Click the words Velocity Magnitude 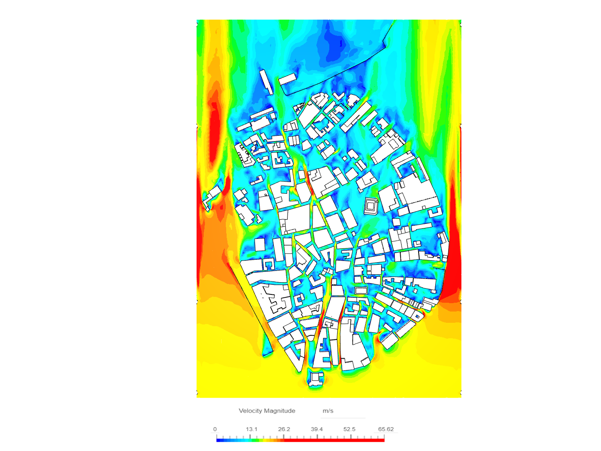(267, 411)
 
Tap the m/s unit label (328, 411)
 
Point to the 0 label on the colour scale (215, 429)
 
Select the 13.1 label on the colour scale (251, 429)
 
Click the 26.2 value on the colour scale (284, 429)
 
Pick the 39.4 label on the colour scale (317, 429)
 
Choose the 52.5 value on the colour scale (349, 429)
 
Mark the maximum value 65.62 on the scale (386, 429)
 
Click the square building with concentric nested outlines (371, 206)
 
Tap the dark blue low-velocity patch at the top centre (334, 46)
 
